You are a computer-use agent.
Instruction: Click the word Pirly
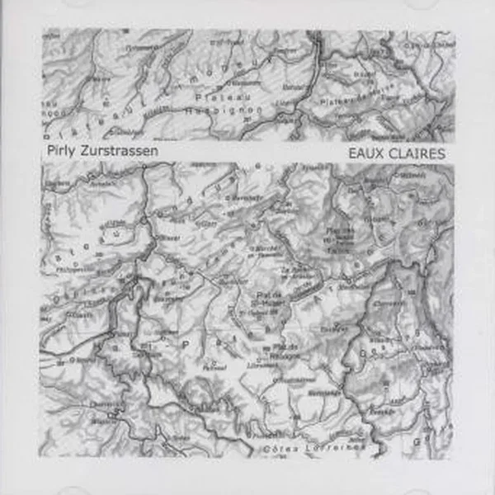point(61,152)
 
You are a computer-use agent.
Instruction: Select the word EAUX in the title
point(367,153)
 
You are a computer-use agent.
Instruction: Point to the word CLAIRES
point(417,153)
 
